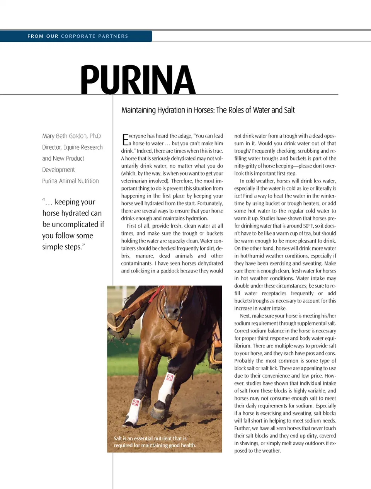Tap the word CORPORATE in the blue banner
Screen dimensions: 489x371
pos(78,36)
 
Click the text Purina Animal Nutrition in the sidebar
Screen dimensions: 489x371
pos(70,181)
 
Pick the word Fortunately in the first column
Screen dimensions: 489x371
pos(210,204)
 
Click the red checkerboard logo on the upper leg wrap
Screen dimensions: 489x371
pos(170,377)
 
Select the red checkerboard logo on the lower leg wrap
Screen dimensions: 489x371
pos(136,403)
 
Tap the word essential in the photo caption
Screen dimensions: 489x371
pos(146,438)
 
